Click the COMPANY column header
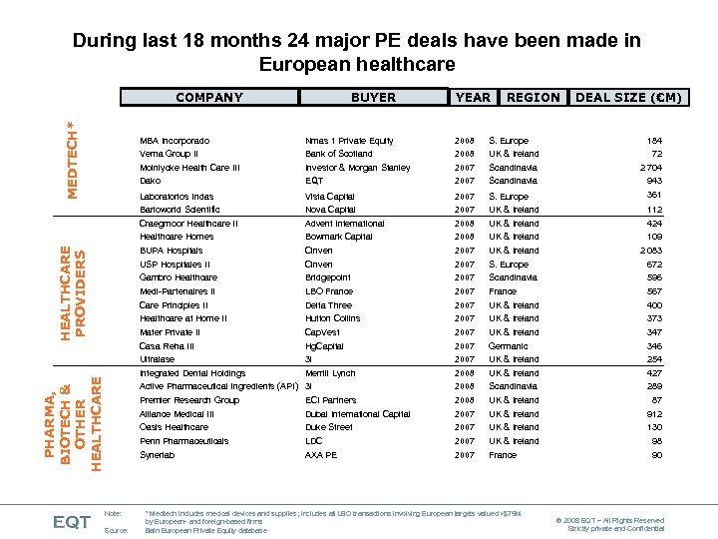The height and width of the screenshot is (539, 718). click(209, 97)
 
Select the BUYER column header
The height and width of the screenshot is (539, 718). click(373, 97)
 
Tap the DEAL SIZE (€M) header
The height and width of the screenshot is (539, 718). click(629, 97)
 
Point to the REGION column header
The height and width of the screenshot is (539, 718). click(533, 97)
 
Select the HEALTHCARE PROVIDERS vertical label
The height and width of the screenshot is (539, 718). click(74, 290)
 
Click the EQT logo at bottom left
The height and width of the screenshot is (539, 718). click(72, 521)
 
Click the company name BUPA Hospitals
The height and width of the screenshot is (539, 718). click(171, 251)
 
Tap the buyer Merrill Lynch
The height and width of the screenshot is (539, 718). click(330, 373)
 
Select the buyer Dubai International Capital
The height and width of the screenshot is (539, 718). click(357, 414)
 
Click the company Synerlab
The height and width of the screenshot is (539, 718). click(157, 455)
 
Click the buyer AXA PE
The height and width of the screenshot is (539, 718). click(321, 455)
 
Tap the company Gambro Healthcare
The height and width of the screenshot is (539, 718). click(178, 277)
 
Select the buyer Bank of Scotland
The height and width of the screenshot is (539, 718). click(339, 154)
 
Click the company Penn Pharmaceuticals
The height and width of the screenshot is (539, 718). click(183, 441)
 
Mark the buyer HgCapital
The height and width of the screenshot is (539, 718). click(324, 346)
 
